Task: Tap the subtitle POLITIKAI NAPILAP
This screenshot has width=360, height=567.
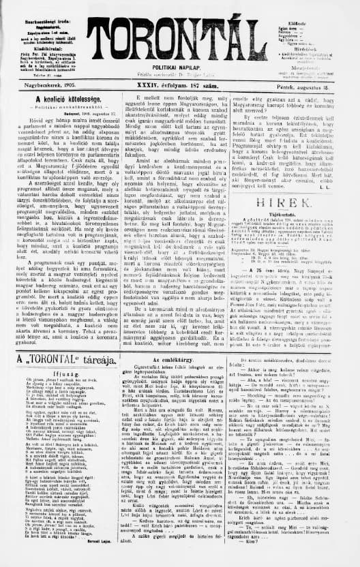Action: [x=180, y=69]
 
